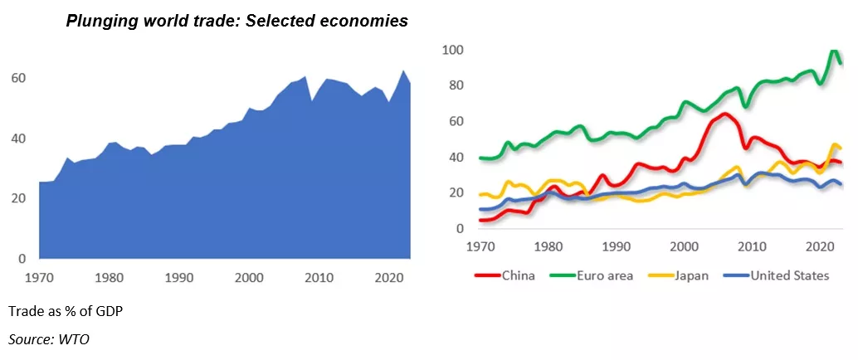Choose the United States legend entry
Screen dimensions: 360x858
click(789, 275)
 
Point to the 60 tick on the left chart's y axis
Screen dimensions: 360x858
click(17, 78)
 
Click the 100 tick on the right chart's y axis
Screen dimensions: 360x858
click(452, 51)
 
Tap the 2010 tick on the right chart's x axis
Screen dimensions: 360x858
click(752, 246)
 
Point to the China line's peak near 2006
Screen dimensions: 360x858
click(724, 114)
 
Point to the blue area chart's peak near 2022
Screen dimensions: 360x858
click(403, 71)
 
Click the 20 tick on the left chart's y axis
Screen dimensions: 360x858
click(17, 199)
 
